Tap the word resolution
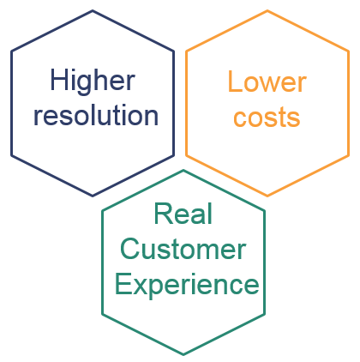click(x=96, y=115)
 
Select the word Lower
click(x=267, y=81)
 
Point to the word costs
click(x=267, y=118)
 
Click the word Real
click(x=183, y=214)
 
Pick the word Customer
click(x=183, y=249)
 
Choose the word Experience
click(x=187, y=286)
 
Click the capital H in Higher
click(x=59, y=80)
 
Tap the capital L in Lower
click(x=235, y=81)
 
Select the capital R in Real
click(x=163, y=214)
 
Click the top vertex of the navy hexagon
click(x=93, y=11)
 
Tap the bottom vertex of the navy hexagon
click(x=93, y=196)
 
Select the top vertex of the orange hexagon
click(x=267, y=11)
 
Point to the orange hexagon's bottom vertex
click(x=267, y=196)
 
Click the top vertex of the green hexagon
click(x=183, y=171)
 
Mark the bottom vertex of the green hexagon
click(x=183, y=355)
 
